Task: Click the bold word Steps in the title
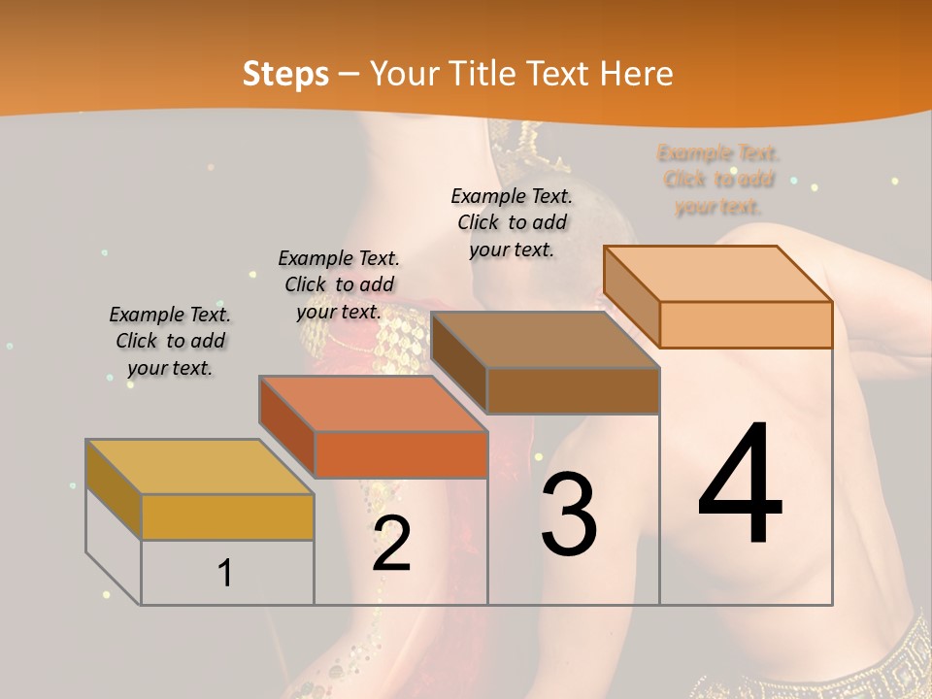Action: [285, 74]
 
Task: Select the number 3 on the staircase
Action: [569, 515]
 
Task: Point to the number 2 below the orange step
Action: [391, 544]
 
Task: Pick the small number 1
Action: [224, 573]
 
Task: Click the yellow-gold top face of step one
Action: [199, 467]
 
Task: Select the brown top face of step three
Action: [544, 340]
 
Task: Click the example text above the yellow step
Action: [170, 341]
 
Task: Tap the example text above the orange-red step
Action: [339, 284]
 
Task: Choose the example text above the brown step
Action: [512, 222]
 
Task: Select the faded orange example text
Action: [718, 179]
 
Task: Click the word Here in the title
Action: [636, 74]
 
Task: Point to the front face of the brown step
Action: [573, 391]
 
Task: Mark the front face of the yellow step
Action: [227, 516]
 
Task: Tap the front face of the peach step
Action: [746, 324]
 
